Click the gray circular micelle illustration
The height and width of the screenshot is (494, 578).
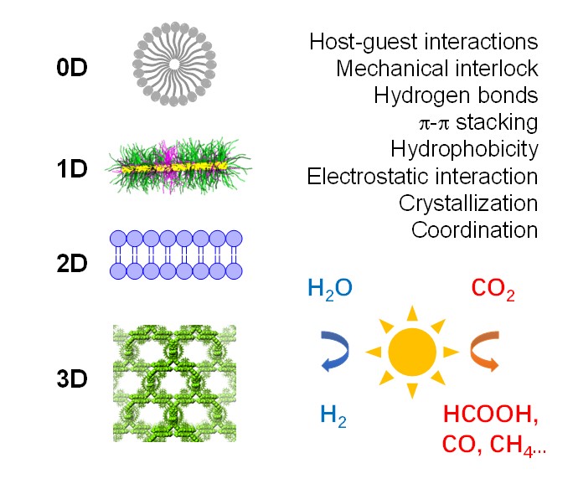(x=174, y=64)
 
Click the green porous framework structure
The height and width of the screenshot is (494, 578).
(x=174, y=383)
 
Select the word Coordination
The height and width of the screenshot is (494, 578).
(x=474, y=230)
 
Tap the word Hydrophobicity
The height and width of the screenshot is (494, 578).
(x=463, y=150)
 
